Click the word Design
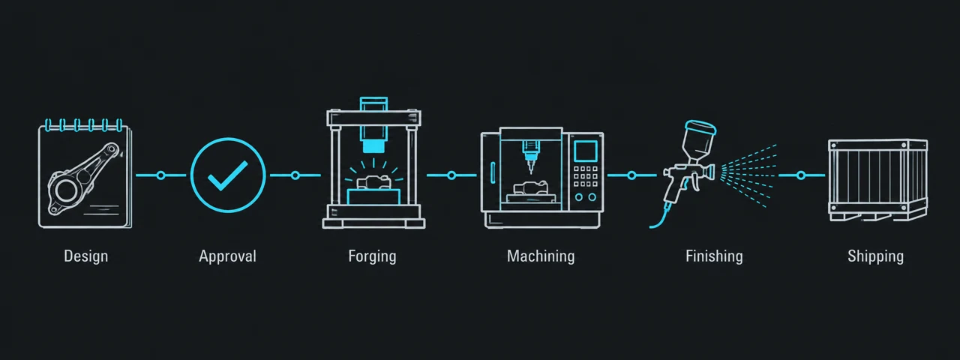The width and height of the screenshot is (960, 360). (85, 256)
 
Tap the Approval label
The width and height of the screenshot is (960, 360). (227, 256)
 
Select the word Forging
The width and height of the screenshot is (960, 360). (372, 256)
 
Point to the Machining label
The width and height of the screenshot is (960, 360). (541, 256)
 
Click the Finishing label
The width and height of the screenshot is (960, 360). (714, 256)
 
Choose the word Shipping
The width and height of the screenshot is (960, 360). (875, 256)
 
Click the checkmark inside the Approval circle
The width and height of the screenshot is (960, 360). (227, 175)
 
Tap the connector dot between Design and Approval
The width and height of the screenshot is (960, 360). (160, 175)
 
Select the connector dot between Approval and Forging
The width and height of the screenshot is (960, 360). (295, 175)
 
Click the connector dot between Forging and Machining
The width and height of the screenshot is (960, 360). (451, 175)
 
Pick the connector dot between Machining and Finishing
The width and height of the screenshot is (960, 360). (631, 175)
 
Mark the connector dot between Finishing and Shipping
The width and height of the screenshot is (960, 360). (800, 175)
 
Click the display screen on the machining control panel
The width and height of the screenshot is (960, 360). (586, 151)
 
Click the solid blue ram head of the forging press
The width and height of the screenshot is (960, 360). (373, 146)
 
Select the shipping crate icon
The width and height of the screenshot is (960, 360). (877, 181)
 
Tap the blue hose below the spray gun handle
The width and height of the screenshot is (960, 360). (661, 217)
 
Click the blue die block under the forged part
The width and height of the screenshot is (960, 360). (373, 196)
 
